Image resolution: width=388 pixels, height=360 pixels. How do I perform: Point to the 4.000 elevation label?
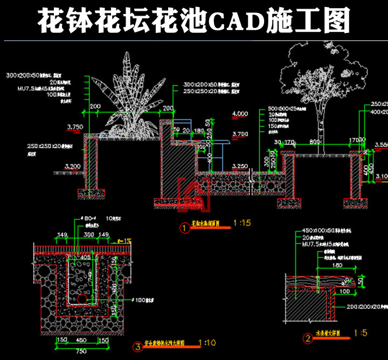coord(239,114)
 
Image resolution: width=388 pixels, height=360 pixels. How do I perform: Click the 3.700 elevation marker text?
coord(239,134)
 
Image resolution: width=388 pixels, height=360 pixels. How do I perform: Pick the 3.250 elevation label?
coord(239,166)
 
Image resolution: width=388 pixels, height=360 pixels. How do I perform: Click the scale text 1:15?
coord(242,222)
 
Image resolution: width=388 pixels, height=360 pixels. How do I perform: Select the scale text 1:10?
coord(207,342)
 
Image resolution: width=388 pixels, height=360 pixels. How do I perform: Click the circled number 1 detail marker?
coord(184,229)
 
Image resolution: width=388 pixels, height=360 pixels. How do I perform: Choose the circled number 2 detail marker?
coord(308,338)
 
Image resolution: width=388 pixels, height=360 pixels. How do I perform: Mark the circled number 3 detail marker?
coord(138,347)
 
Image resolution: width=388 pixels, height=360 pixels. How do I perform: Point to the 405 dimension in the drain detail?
coord(85,258)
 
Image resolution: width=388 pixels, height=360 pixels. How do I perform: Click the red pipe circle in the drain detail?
coord(81,299)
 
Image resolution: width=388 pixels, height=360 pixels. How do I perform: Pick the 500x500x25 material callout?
coord(283,109)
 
